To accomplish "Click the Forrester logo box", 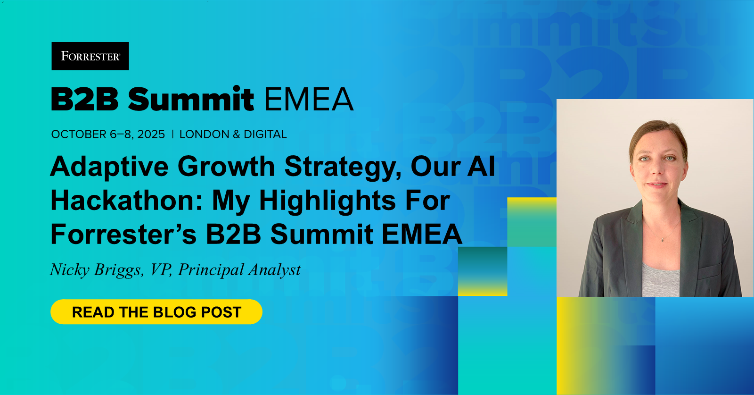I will point(90,56).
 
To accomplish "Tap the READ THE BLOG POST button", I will point(156,312).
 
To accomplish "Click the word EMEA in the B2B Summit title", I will point(309,99).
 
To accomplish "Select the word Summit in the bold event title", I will point(191,99).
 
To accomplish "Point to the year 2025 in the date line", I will point(151,134).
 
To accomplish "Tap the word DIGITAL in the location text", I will point(265,134).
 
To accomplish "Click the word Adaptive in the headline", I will point(109,167).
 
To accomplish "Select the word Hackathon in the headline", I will point(126,201).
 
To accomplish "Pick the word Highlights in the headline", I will point(327,201).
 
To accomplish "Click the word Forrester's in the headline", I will point(123,235).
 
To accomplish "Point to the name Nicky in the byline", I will point(70,270).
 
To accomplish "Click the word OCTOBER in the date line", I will point(79,134).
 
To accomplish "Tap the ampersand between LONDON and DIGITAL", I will point(237,134).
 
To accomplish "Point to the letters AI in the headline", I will point(481,167).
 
